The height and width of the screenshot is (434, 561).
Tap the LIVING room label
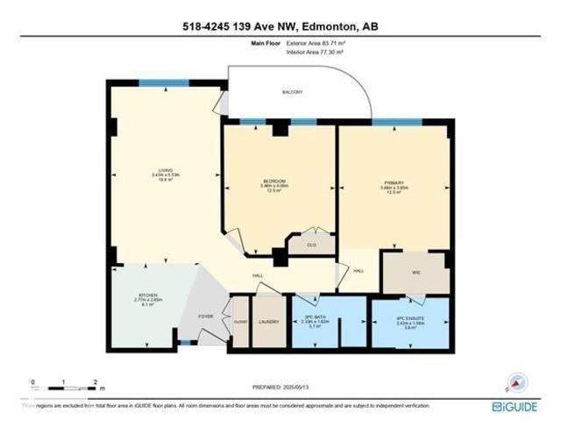tap(164, 172)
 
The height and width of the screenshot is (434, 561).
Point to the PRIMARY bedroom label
tap(392, 186)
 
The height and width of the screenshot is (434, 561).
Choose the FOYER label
tap(205, 315)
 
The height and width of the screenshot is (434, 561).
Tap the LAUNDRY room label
tap(269, 322)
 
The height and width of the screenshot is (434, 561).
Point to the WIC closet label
tap(416, 273)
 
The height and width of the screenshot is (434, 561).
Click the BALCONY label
tap(293, 92)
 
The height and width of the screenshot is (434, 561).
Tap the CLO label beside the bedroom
tap(310, 245)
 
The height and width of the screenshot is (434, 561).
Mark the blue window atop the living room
tap(164, 83)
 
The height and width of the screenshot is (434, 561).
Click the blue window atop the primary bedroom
tap(391, 122)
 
